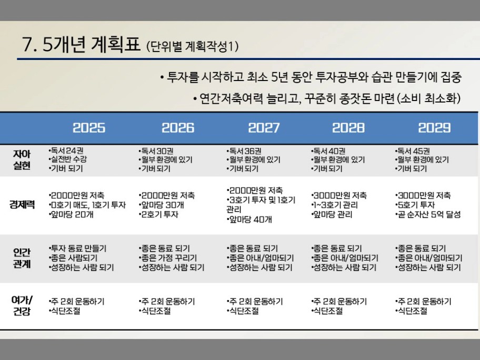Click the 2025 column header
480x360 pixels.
click(89, 128)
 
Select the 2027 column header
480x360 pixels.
click(264, 128)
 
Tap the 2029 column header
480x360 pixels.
click(434, 128)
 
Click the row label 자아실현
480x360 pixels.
click(22, 159)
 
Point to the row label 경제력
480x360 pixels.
click(22, 205)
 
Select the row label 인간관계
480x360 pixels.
click(22, 258)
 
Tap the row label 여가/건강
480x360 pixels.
click(22, 305)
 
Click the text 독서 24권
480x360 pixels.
click(66, 151)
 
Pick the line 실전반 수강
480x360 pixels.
click(68, 159)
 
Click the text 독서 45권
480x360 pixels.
click(412, 151)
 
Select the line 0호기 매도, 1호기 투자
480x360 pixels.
click(87, 205)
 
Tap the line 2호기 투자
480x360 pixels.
click(158, 214)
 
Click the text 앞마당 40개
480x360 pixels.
click(249, 219)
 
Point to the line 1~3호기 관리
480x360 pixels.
click(334, 205)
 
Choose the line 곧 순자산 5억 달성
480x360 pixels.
click(428, 214)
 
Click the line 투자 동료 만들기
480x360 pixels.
click(77, 248)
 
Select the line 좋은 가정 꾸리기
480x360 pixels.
click(167, 258)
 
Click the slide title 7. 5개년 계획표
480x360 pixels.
click(81, 44)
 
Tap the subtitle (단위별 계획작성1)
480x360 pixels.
click(192, 46)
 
